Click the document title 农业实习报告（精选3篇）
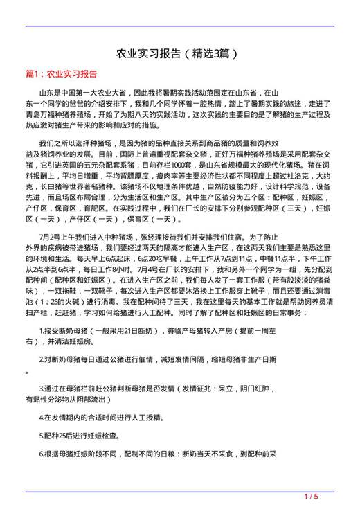180,53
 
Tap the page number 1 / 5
311,496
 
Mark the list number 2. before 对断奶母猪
42,360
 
